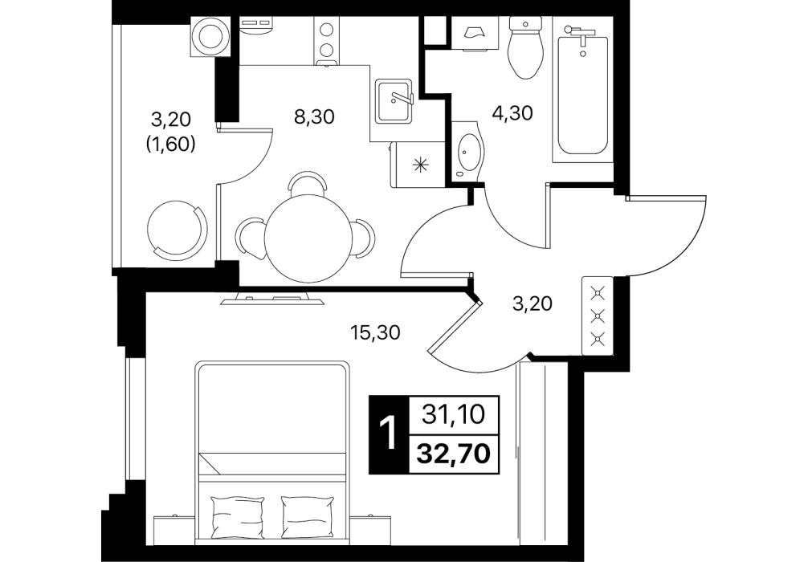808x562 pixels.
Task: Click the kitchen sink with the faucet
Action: click(394, 101)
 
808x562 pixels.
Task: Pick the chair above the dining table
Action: click(308, 182)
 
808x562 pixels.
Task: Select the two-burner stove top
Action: click(326, 40)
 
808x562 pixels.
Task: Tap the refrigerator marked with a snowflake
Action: click(417, 165)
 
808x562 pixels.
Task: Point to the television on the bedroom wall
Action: click(271, 299)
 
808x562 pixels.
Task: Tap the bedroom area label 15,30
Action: click(375, 332)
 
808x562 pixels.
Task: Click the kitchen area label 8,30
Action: click(314, 117)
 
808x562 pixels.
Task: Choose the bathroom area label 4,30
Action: click(512, 113)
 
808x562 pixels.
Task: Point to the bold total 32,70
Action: click(454, 454)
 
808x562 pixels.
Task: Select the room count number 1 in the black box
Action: click(388, 434)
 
